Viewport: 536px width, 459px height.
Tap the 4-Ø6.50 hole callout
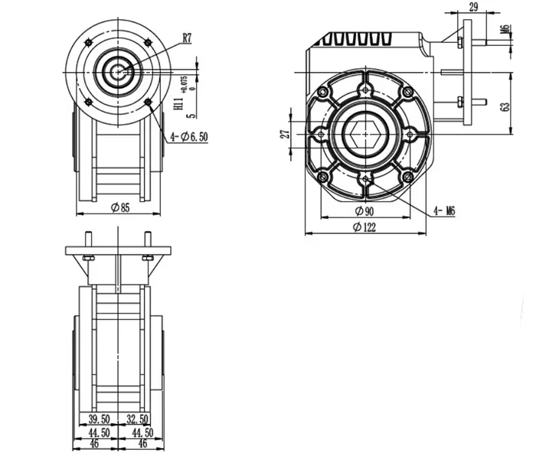click(188, 136)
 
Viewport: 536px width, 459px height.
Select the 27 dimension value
click(285, 135)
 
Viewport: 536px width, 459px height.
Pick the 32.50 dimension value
click(138, 419)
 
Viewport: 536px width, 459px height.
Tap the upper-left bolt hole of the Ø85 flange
click(90, 41)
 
